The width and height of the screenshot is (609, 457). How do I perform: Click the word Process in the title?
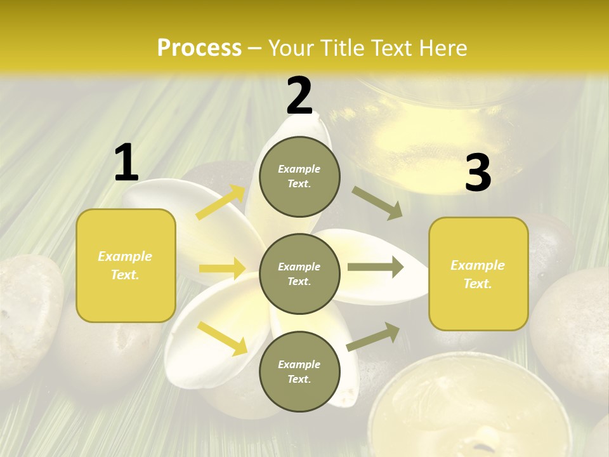199,48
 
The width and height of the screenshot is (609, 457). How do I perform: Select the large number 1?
126,163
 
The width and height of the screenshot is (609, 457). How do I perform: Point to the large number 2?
299,96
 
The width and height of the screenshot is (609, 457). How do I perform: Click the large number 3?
478,173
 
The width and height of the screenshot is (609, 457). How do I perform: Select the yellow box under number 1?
126,265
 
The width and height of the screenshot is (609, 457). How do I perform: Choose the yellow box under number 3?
478,274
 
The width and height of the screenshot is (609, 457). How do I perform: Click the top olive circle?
299,176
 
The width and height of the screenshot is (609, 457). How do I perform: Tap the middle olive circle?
299,274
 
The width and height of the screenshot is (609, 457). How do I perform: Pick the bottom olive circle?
299,371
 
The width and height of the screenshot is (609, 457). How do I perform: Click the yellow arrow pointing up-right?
221,202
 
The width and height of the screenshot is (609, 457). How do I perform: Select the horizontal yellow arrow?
222,268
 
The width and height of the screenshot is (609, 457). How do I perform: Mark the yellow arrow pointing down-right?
222,338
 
